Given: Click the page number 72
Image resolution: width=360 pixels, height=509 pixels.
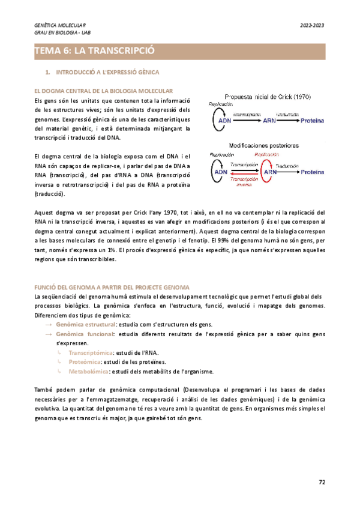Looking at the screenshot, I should click(322, 481).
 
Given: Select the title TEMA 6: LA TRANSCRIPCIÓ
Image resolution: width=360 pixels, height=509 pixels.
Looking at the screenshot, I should click(95, 51).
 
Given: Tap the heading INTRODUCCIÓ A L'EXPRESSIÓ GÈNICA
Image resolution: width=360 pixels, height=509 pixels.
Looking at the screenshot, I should click(107, 73).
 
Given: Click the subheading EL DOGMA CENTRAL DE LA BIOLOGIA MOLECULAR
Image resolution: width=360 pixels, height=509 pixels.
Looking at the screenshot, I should click(104, 90).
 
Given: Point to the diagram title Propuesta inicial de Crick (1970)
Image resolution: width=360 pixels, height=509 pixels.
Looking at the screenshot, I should click(266, 96).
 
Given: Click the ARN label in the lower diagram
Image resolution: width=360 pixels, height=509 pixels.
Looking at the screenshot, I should click(271, 172).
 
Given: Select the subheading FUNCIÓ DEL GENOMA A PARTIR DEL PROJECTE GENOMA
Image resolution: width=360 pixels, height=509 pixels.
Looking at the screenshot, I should click(112, 288).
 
